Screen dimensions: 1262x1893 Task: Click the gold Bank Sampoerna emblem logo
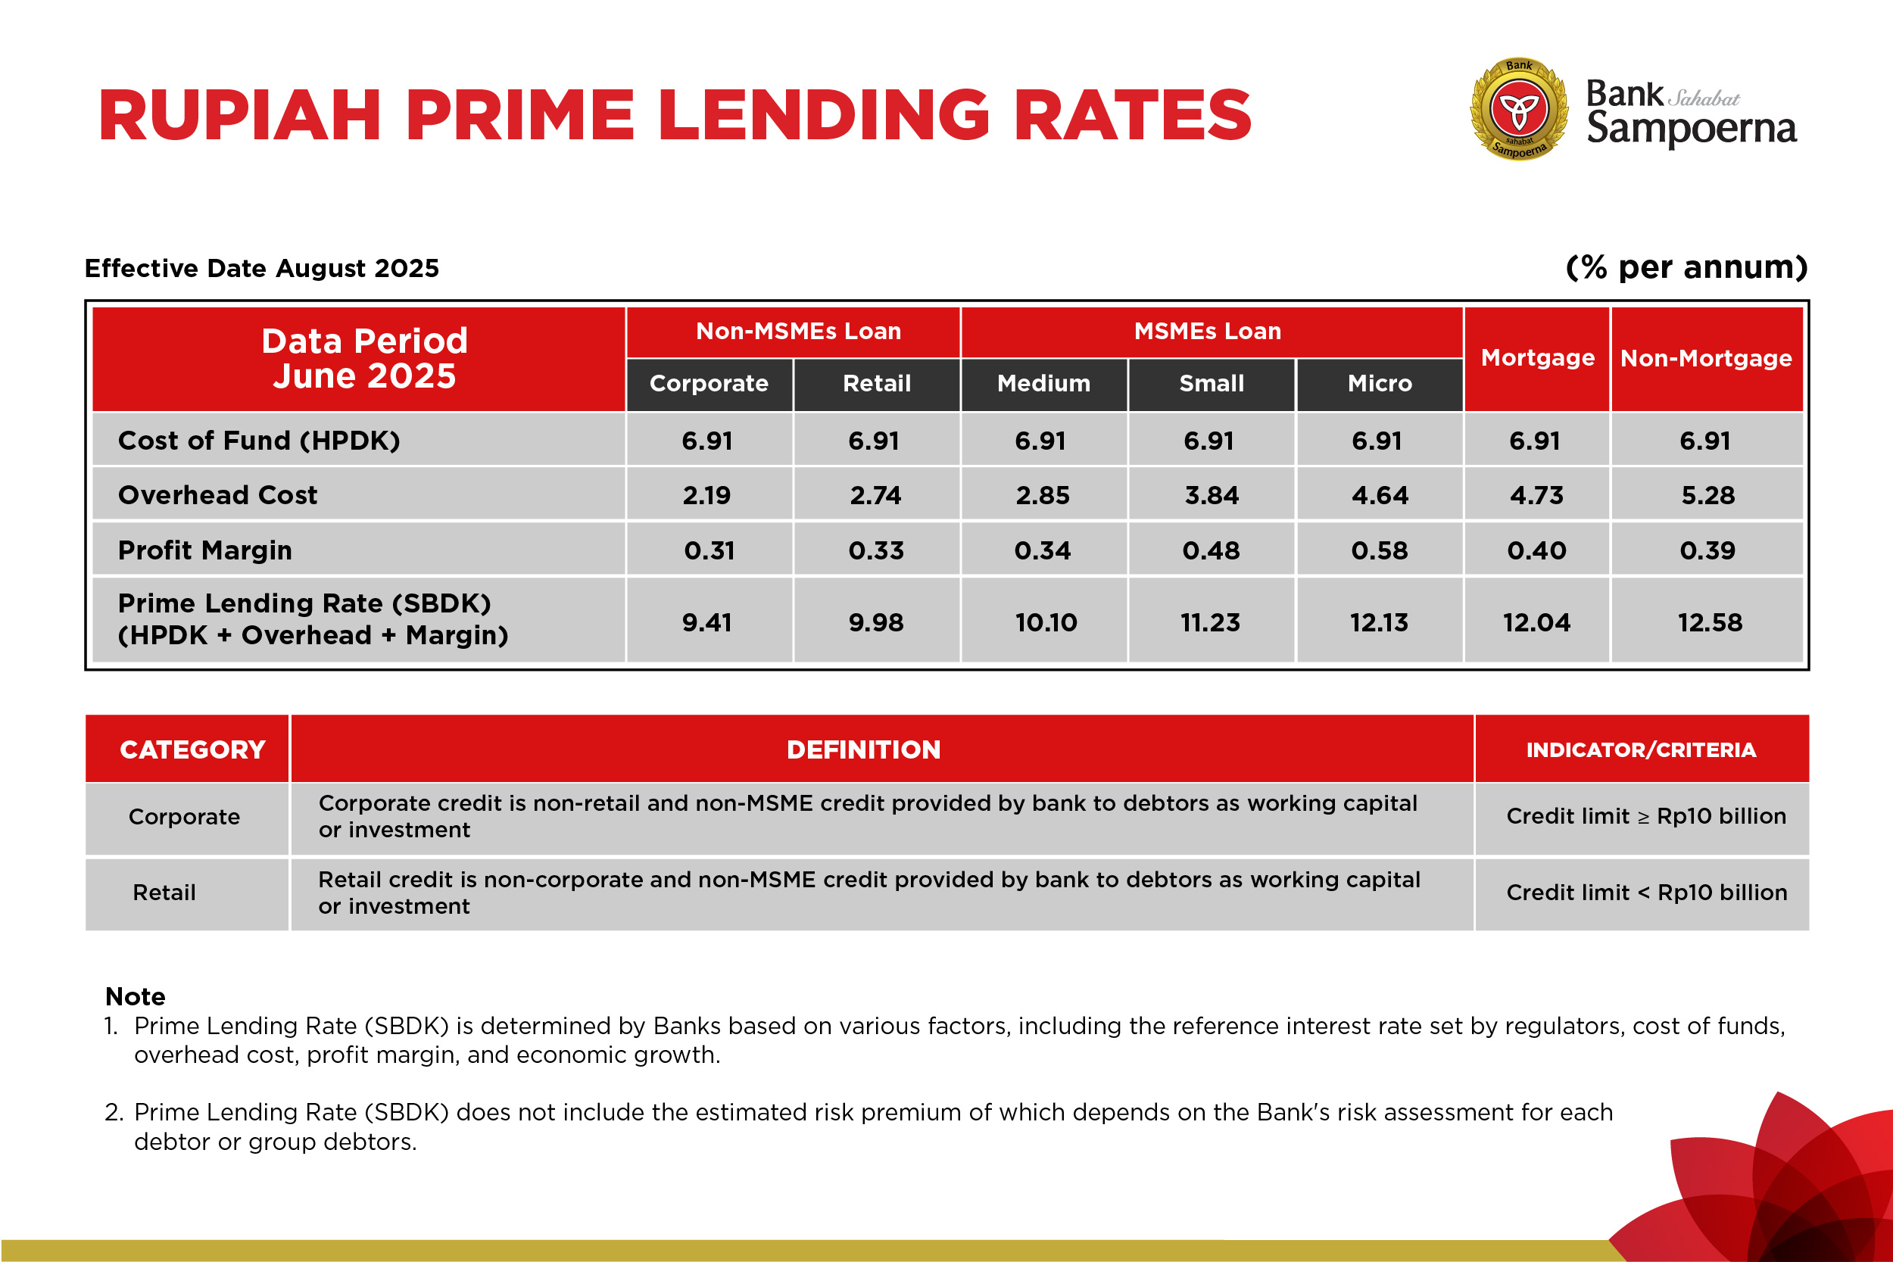(x=1519, y=109)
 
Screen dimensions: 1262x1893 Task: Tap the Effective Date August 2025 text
(x=261, y=268)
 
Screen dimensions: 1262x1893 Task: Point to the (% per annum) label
(x=1686, y=267)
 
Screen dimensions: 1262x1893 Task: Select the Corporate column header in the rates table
(x=708, y=384)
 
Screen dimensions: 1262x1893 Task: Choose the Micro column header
(x=1380, y=384)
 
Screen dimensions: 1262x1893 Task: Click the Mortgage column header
(x=1537, y=358)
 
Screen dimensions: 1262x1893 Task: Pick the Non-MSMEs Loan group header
(x=798, y=332)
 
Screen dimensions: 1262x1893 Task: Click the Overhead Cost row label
(x=217, y=495)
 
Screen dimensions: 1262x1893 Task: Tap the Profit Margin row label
(x=204, y=550)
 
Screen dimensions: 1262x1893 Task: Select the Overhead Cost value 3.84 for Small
(x=1212, y=496)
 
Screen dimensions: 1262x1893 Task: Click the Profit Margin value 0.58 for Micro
(x=1380, y=550)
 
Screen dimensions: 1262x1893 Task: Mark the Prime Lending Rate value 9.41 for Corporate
(x=706, y=622)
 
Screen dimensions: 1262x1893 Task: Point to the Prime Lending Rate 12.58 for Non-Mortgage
(x=1710, y=622)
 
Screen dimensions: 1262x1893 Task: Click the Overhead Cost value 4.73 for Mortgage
(x=1536, y=496)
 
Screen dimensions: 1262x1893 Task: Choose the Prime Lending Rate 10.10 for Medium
(x=1046, y=622)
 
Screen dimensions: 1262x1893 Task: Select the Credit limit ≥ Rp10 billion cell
(x=1646, y=817)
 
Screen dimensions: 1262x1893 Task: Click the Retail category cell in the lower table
(x=164, y=893)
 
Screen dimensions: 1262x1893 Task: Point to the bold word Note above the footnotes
(x=136, y=997)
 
